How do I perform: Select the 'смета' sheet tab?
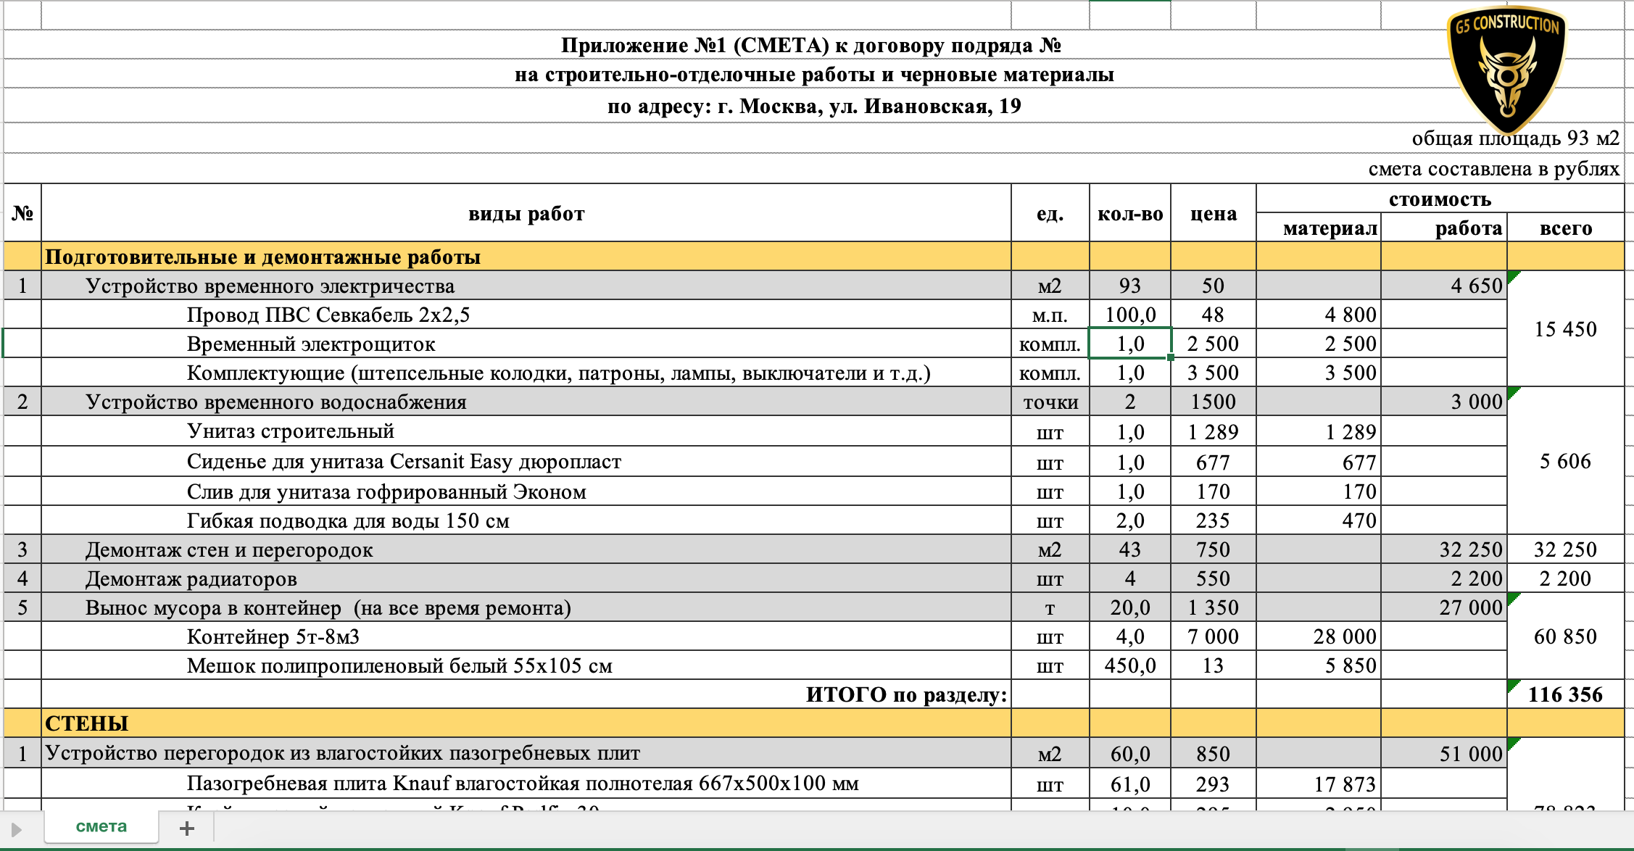click(101, 826)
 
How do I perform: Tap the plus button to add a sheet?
click(186, 828)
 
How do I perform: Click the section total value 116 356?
click(1565, 694)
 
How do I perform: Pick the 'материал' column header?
click(1330, 228)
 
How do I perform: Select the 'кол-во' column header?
click(1129, 214)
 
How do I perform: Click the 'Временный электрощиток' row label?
click(311, 344)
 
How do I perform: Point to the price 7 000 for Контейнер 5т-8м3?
click(1213, 636)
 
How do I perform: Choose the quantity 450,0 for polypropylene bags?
click(1129, 665)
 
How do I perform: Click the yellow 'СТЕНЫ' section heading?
click(87, 723)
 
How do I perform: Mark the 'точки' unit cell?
click(1050, 402)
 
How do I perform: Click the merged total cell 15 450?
click(1565, 329)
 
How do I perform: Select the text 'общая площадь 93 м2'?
click(1515, 138)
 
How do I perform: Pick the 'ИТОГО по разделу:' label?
click(906, 694)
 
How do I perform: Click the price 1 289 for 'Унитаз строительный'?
click(1213, 432)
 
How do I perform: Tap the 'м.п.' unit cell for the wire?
click(1050, 315)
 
